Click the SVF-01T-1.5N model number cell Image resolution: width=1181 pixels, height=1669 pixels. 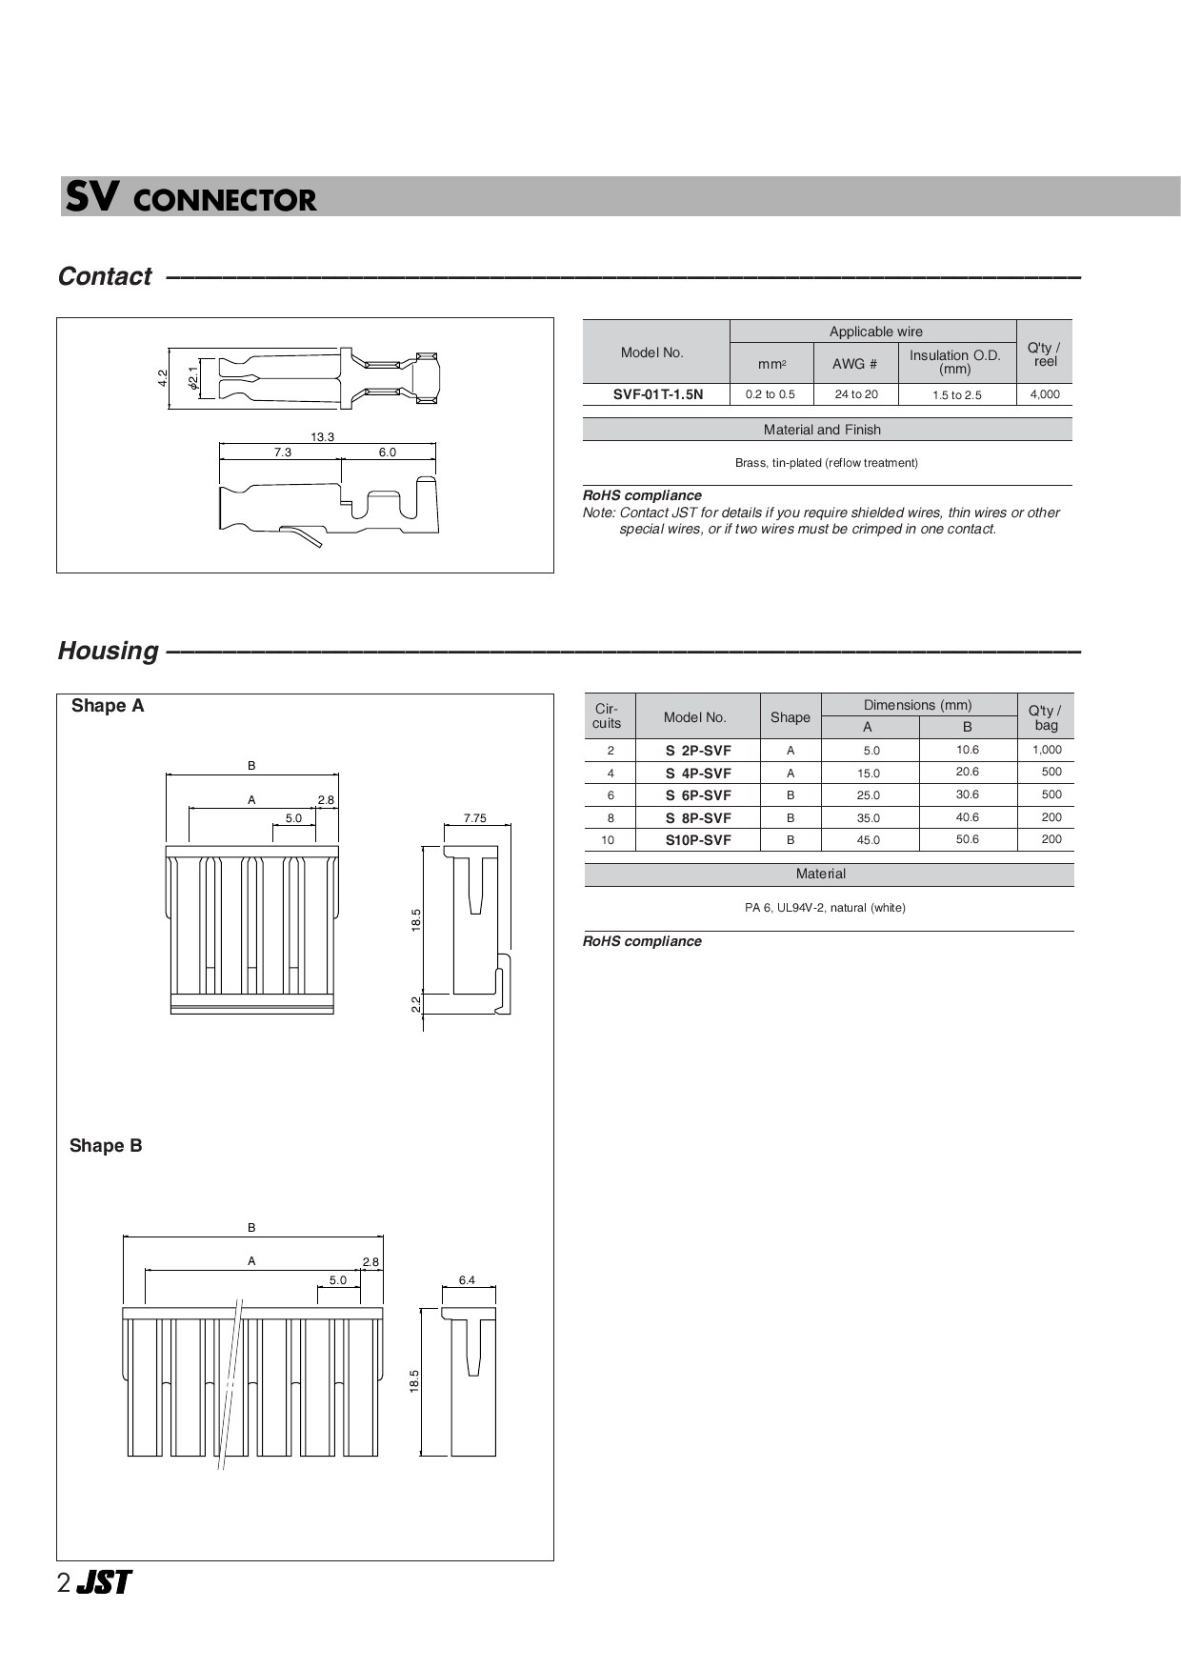[657, 394]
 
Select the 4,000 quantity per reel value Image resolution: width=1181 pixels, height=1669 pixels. [1044, 394]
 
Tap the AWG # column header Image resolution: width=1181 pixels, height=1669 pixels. [854, 364]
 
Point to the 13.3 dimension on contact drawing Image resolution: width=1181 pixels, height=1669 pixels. [322, 437]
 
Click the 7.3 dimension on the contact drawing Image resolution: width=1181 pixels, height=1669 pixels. [283, 452]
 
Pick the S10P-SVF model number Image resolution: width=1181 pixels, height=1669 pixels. [698, 840]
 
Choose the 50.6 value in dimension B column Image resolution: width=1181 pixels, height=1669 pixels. [967, 839]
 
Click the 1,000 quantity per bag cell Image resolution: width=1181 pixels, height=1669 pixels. [1046, 750]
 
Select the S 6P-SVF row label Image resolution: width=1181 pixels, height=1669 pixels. [698, 795]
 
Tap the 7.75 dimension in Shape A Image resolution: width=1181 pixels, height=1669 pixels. [474, 818]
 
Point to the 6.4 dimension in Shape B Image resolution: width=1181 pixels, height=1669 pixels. [467, 1280]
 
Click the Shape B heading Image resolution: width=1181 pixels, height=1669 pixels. [106, 1146]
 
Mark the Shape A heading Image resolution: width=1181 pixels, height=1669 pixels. [108, 706]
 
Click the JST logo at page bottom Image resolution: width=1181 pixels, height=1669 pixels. [104, 1582]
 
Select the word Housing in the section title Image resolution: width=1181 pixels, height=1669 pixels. [108, 651]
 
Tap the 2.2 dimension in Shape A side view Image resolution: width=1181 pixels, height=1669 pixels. [416, 1003]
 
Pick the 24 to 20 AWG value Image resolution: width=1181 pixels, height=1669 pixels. [856, 394]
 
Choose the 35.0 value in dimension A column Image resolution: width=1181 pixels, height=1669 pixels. [868, 818]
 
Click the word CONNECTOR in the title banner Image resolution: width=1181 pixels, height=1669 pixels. [225, 200]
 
